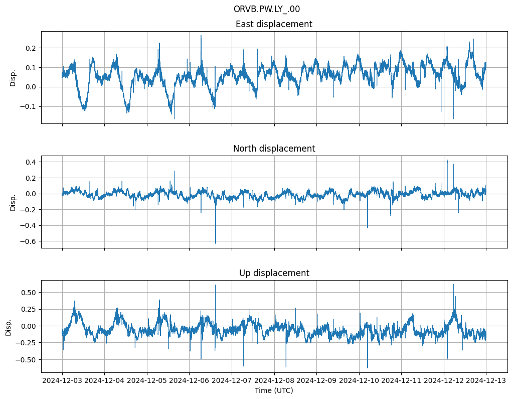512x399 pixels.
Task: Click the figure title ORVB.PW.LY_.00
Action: click(266, 9)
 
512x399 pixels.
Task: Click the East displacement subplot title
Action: click(274, 24)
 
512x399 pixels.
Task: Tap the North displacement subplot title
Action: click(274, 149)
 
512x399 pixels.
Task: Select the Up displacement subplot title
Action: click(274, 273)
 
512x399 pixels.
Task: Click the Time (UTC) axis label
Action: click(274, 390)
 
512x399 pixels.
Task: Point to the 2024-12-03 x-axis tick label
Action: click(62, 381)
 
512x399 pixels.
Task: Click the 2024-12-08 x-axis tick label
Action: click(274, 381)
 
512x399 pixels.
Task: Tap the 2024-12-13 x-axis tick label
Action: click(486, 381)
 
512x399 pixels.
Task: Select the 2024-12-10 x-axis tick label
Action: click(359, 381)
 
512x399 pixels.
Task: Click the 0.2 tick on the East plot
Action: click(31, 48)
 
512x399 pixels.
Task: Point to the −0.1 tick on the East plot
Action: click(29, 107)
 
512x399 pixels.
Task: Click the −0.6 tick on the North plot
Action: click(29, 241)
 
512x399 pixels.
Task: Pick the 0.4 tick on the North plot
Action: click(31, 162)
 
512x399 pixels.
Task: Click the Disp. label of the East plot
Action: click(13, 77)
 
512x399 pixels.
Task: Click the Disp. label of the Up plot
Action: click(9, 326)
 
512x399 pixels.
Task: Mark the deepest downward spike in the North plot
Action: click(216, 243)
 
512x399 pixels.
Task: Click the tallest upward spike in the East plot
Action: click(201, 36)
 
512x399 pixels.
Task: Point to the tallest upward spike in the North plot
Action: click(447, 160)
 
